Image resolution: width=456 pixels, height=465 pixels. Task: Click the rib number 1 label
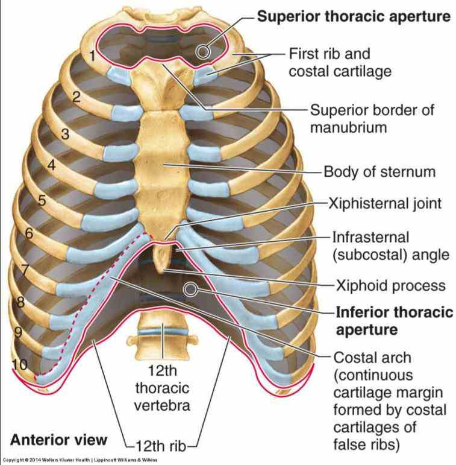(92, 56)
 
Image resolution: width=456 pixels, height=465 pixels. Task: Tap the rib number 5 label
(42, 200)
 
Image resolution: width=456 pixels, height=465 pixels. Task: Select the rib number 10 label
(20, 364)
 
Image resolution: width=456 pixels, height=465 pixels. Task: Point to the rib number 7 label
(25, 270)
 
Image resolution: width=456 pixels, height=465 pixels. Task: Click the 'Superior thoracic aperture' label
(354, 16)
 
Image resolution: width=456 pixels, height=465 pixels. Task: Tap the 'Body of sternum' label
(379, 172)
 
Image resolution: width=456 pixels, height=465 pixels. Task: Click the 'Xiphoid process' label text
(390, 286)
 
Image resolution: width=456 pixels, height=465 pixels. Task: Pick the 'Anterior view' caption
(58, 440)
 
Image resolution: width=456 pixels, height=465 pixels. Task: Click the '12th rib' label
(161, 446)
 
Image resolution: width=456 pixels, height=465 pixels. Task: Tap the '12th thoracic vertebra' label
(162, 388)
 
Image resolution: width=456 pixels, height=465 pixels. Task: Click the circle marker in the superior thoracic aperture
(203, 52)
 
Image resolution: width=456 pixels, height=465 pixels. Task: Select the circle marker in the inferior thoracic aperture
(191, 289)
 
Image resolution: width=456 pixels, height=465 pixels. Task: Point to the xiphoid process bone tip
(160, 271)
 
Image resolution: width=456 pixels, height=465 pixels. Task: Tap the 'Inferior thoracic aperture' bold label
(395, 321)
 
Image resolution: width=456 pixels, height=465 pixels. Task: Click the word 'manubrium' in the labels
(349, 127)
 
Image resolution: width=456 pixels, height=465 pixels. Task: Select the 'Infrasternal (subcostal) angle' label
(391, 246)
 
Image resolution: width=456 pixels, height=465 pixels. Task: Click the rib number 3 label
(66, 134)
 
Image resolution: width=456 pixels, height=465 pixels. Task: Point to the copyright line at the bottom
(80, 460)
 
